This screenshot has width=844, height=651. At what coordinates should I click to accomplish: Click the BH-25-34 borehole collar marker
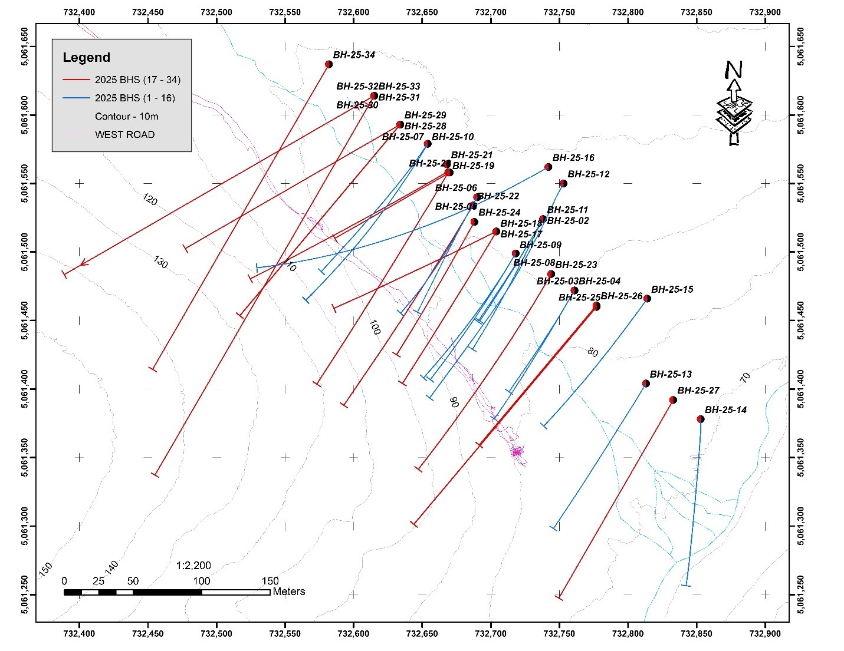coord(329,64)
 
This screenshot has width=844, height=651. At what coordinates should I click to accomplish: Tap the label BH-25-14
coord(725,410)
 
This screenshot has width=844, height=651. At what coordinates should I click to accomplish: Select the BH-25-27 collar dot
coord(673,400)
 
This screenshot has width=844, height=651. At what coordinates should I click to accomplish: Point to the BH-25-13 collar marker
coord(646,384)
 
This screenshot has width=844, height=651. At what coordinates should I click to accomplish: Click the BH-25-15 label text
coord(672,290)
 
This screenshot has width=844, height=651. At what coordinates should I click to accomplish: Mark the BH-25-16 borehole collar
coord(548,167)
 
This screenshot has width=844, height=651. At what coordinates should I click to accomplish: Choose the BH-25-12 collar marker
coord(563,184)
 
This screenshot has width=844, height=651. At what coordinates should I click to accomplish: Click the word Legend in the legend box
coord(86,58)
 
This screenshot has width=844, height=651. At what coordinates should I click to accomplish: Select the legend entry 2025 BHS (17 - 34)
coord(137,80)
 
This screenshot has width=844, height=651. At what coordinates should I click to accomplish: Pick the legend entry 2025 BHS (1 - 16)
coord(134,98)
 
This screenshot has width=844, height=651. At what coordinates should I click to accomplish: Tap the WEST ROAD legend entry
coord(124,134)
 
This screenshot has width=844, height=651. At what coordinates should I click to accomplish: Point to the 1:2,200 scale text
coord(193,566)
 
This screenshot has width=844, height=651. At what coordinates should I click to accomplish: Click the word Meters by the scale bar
coord(288,591)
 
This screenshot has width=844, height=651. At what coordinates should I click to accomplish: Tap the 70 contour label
coord(745,378)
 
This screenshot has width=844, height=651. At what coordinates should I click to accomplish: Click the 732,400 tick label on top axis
coord(80,12)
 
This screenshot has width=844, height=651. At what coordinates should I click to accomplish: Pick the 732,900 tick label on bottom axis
coord(765,635)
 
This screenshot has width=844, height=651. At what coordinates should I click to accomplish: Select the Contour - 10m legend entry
coord(126,116)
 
